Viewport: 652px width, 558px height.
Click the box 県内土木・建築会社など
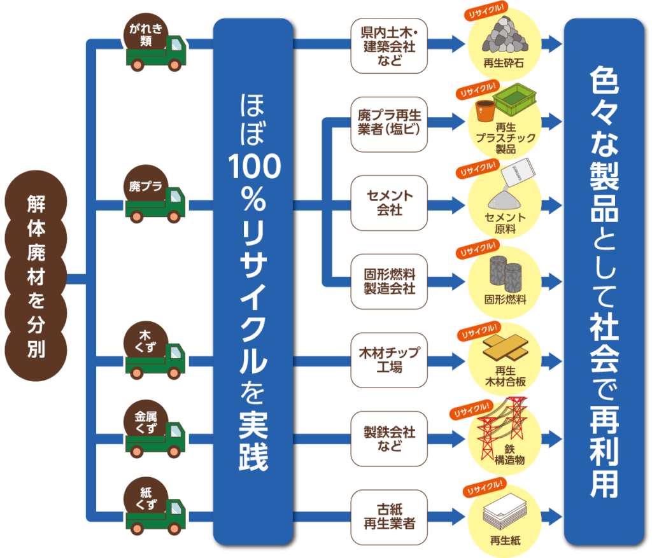point(388,46)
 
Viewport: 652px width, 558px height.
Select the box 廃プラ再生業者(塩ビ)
point(388,124)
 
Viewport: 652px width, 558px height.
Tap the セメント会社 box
point(388,202)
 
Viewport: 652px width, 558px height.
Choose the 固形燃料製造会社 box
point(388,281)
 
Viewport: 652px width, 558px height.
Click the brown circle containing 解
point(36,203)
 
